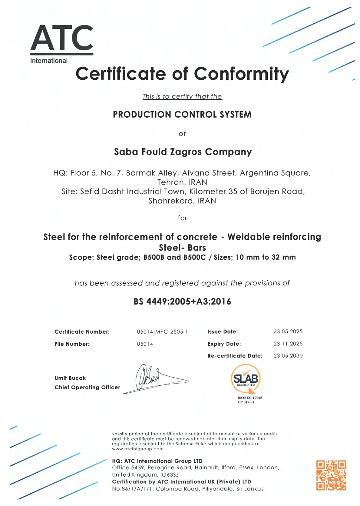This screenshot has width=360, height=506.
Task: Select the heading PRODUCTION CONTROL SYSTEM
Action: tap(182, 114)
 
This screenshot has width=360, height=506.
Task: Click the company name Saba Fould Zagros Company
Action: tap(183, 152)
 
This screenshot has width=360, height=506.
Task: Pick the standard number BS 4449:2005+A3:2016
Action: tap(182, 301)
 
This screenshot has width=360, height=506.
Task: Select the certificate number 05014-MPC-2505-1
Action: tap(162, 331)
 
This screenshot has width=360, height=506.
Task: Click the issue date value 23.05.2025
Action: tap(288, 331)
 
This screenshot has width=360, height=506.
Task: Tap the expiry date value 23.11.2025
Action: tap(288, 343)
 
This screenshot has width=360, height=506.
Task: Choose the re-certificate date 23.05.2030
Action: tap(288, 355)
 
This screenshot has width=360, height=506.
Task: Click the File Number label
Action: tap(72, 344)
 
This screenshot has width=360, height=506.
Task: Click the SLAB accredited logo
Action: tap(246, 379)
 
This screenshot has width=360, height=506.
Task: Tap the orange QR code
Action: tap(331, 475)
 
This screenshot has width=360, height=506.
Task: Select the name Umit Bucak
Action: tap(70, 378)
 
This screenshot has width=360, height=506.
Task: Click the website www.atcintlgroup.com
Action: tap(138, 449)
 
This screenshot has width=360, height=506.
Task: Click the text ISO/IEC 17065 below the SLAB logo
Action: tap(250, 398)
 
